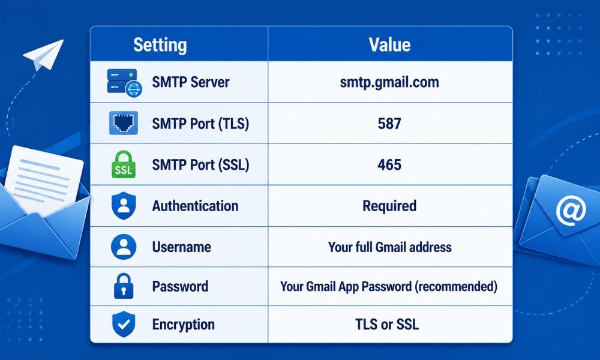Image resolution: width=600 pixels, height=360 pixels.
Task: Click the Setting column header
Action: [x=160, y=45]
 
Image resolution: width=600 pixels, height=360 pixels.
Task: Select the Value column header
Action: [x=389, y=45]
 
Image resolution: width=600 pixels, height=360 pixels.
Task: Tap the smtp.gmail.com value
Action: [x=389, y=82]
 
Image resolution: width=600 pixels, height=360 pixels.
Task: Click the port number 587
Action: [x=389, y=124]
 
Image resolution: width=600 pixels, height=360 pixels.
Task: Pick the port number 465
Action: [x=389, y=164]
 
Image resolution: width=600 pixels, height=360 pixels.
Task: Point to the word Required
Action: [x=389, y=206]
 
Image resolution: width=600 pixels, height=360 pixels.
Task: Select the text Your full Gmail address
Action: [x=389, y=247]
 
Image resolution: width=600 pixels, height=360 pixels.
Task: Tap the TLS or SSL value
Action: [x=387, y=325]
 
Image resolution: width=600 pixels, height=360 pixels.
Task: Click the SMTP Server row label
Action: [x=191, y=82]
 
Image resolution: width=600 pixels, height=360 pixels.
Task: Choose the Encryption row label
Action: [x=183, y=325]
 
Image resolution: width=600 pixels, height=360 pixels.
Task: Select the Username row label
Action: [x=181, y=247]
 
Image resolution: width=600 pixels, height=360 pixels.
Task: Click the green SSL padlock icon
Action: [x=123, y=164]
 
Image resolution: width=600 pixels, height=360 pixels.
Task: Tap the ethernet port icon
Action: [x=123, y=123]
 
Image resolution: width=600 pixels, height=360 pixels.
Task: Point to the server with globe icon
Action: [x=124, y=83]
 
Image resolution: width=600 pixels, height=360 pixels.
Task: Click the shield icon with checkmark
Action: [x=123, y=324]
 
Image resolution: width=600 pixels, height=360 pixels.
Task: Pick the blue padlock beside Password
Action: [x=124, y=286]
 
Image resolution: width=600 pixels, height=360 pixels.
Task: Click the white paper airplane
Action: [x=43, y=55]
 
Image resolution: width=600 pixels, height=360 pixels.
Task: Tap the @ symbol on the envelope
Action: [x=571, y=211]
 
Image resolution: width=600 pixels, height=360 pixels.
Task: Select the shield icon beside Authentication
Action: [x=123, y=206]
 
